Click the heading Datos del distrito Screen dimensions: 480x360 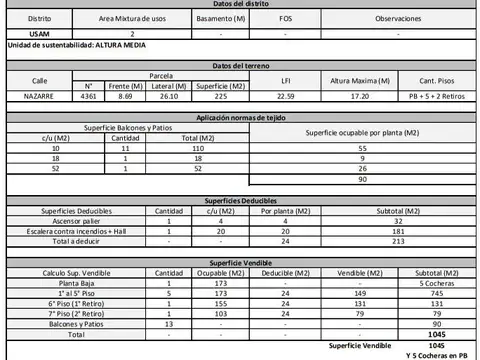click(240, 4)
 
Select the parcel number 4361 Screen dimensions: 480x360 click(88, 96)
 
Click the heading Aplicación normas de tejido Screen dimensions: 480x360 click(240, 117)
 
